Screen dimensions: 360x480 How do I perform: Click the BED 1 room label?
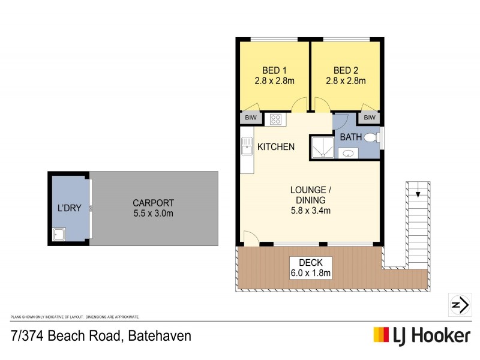pyautogui.click(x=274, y=70)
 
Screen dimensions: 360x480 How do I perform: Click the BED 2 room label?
pyautogui.click(x=345, y=70)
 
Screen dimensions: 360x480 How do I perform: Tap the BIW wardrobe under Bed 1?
pyautogui.click(x=250, y=118)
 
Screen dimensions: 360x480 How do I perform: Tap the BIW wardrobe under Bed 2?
pyautogui.click(x=370, y=118)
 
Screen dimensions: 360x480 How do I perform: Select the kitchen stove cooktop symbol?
pyautogui.click(x=275, y=119)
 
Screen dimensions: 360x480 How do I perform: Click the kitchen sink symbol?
pyautogui.click(x=246, y=146)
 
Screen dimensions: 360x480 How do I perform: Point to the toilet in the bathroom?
pyautogui.click(x=371, y=137)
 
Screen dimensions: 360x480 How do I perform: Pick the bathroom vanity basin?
pyautogui.click(x=349, y=153)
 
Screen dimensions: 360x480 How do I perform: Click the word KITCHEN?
pyautogui.click(x=276, y=147)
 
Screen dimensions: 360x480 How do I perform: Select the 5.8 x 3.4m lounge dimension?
pyautogui.click(x=310, y=211)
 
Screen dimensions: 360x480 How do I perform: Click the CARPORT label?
pyautogui.click(x=154, y=203)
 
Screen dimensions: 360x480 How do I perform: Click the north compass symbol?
pyautogui.click(x=459, y=305)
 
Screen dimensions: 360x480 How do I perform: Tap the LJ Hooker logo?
pyautogui.click(x=422, y=335)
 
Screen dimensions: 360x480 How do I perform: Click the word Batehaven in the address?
pyautogui.click(x=160, y=336)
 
